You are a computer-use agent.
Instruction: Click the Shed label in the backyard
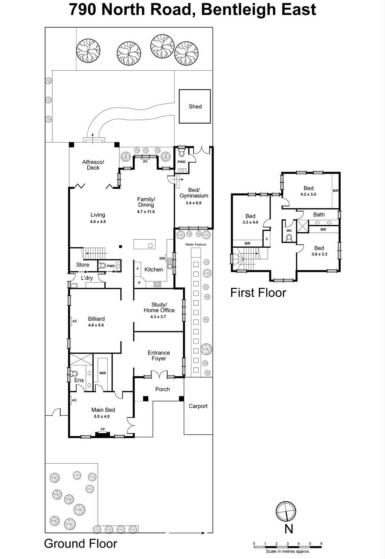pyautogui.click(x=195, y=107)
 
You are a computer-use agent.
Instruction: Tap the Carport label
pyautogui.click(x=198, y=406)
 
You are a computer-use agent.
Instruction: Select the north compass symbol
pyautogui.click(x=286, y=512)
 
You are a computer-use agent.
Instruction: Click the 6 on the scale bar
pyautogui.click(x=321, y=543)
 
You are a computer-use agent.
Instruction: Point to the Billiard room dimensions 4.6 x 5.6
pyautogui.click(x=96, y=325)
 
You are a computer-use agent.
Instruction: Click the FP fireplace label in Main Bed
pyautogui.click(x=103, y=429)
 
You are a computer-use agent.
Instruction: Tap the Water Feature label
pyautogui.click(x=195, y=245)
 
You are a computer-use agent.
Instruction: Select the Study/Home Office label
pyautogui.click(x=159, y=307)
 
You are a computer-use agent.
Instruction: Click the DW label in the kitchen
pyautogui.click(x=162, y=259)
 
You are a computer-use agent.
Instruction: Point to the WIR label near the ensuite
pyautogui.click(x=102, y=373)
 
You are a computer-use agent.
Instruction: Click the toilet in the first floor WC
pyautogui.click(x=289, y=238)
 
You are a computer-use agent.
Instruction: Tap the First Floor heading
pyautogui.click(x=258, y=292)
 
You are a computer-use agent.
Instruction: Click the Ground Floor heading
pyautogui.click(x=81, y=544)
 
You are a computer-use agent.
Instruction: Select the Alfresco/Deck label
pyautogui.click(x=93, y=165)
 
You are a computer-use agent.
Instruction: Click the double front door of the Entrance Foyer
pyautogui.click(x=159, y=375)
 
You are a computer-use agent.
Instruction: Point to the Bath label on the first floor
pyautogui.click(x=319, y=215)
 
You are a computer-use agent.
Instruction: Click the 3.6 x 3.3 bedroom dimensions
pyautogui.click(x=319, y=254)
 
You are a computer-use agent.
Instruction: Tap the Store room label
pyautogui.click(x=83, y=265)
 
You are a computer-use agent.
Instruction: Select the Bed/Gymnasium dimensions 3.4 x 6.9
pyautogui.click(x=193, y=203)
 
